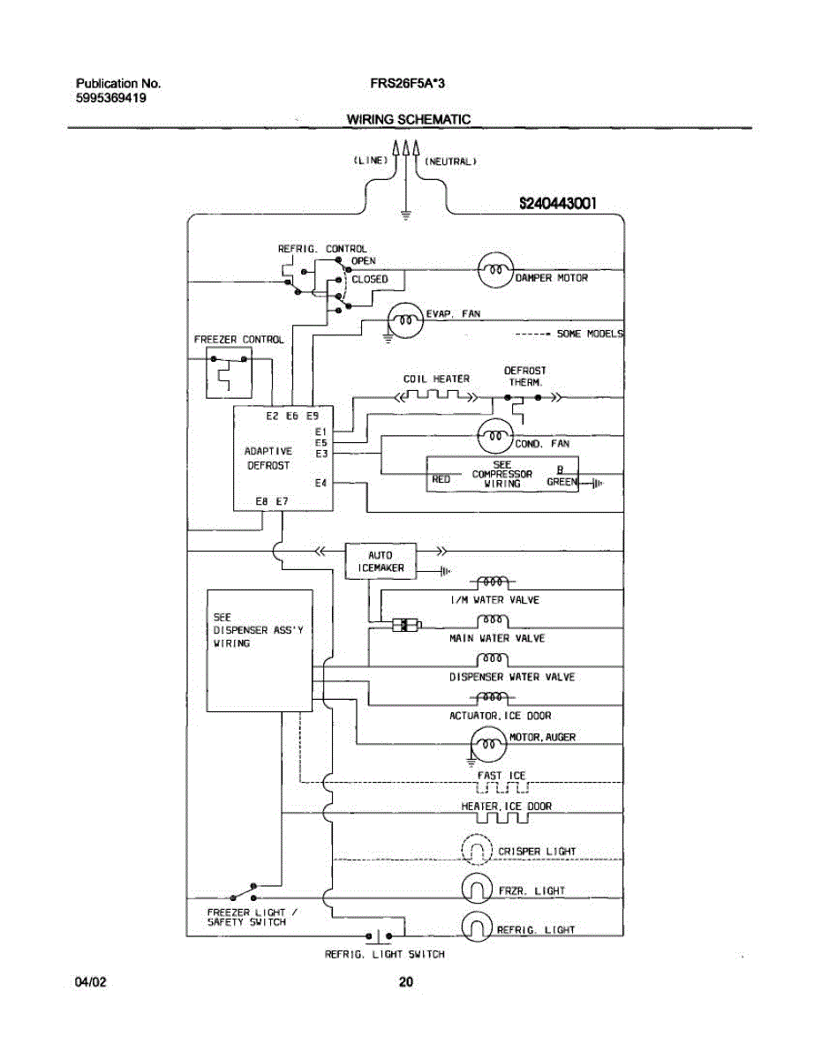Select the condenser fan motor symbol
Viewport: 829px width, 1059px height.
(x=495, y=434)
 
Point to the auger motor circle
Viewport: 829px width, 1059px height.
(x=487, y=746)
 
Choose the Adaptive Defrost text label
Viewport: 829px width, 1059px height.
(x=268, y=457)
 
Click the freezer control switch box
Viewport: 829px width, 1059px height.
(x=229, y=374)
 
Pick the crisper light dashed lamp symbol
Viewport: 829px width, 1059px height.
(x=477, y=850)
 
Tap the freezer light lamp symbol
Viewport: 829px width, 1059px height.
(x=477, y=889)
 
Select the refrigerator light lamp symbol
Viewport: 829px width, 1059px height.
(x=477, y=927)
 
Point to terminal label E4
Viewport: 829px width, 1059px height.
(x=321, y=483)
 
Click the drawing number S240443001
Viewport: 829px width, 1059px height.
(x=558, y=203)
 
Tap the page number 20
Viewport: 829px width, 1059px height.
(x=406, y=981)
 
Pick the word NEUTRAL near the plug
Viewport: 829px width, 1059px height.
(x=451, y=161)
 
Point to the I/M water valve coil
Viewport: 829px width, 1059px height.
(x=494, y=582)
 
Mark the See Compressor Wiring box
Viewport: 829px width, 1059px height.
(x=502, y=474)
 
